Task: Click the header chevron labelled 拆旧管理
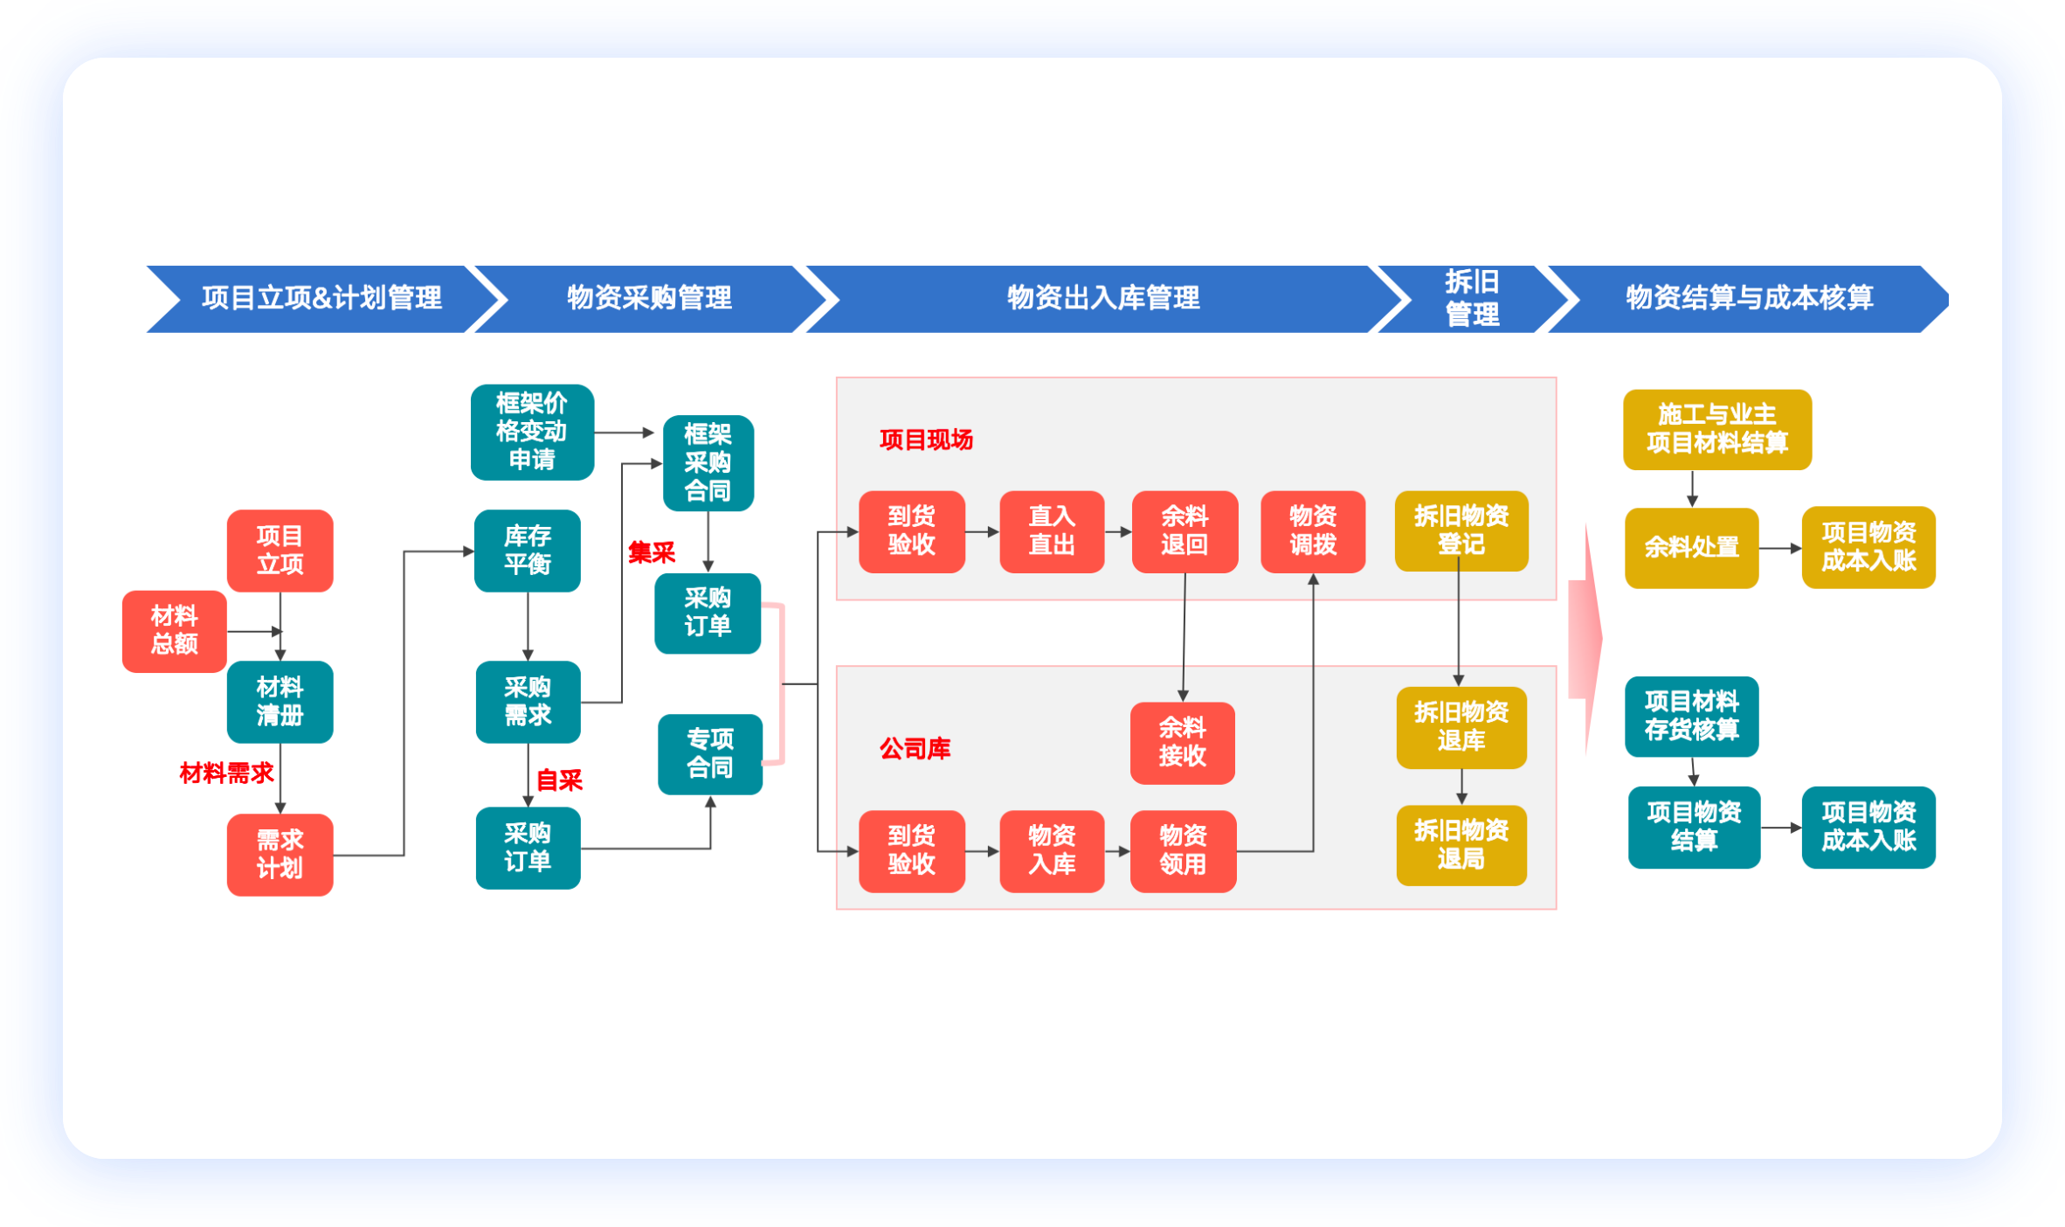click(1473, 298)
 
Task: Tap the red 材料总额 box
click(174, 630)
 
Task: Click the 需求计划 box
click(280, 854)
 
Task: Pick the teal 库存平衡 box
click(527, 550)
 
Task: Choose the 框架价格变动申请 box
click(532, 431)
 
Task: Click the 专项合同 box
click(709, 753)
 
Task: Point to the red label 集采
click(652, 552)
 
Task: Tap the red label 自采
click(559, 780)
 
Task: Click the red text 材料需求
click(226, 773)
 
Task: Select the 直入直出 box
click(1052, 530)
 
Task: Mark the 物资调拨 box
click(1313, 530)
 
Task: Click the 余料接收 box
click(1182, 742)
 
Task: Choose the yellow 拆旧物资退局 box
click(1461, 844)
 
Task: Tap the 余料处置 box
click(1691, 547)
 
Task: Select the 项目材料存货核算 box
click(1691, 716)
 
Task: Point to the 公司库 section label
click(915, 748)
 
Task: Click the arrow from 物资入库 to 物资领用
click(1117, 850)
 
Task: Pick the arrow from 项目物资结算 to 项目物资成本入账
click(1781, 827)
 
